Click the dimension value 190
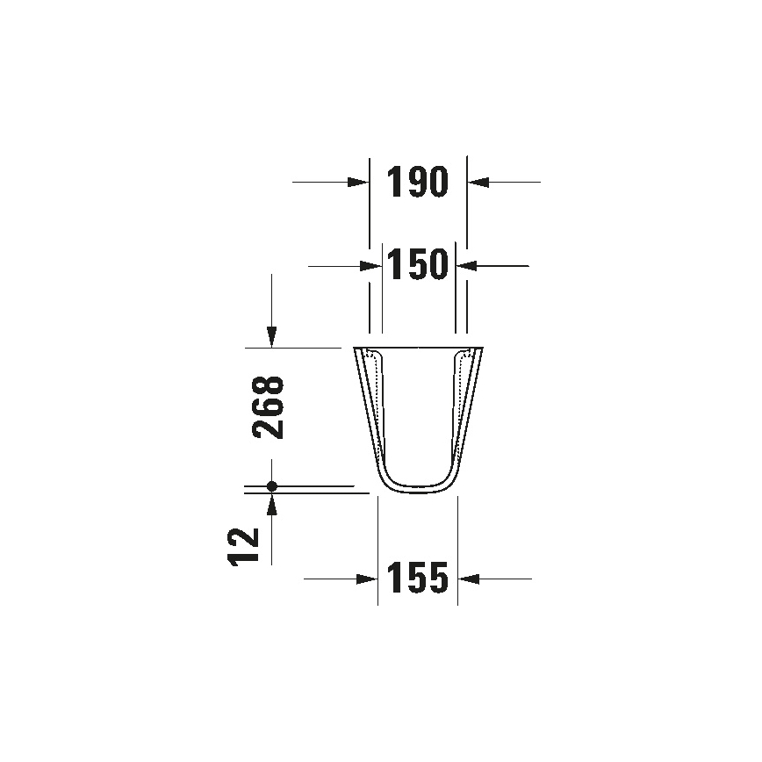click(417, 182)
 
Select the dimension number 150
click(418, 264)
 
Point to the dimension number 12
click(245, 547)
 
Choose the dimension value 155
click(417, 578)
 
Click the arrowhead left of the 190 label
click(358, 182)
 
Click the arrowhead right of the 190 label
click(477, 182)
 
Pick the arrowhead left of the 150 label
click(371, 264)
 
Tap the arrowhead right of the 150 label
click(466, 264)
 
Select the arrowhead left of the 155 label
click(368, 579)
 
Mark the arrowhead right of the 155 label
click(468, 579)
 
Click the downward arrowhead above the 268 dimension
click(272, 337)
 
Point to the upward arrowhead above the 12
click(272, 503)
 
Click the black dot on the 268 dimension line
click(272, 485)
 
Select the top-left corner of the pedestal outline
click(355, 349)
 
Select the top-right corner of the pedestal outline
click(481, 349)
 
